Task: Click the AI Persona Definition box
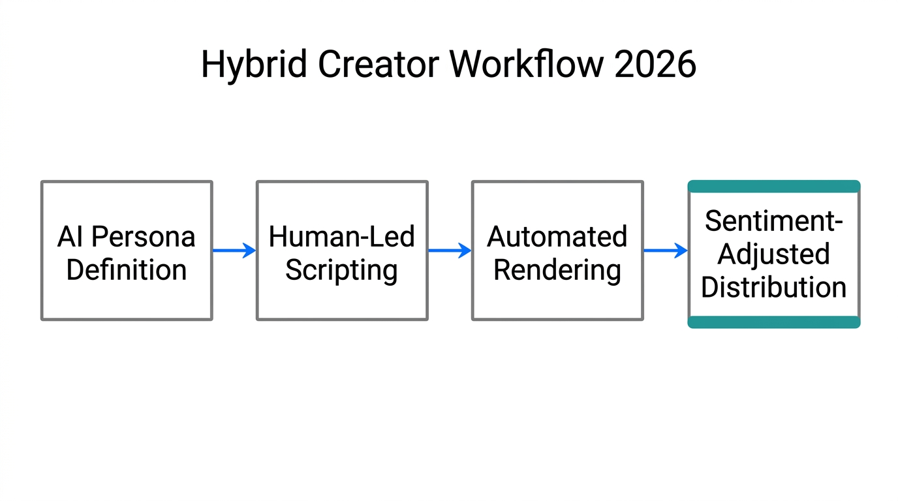tap(127, 251)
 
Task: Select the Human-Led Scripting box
tap(342, 251)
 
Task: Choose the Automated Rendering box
tap(557, 251)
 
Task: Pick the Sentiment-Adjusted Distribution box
tap(774, 254)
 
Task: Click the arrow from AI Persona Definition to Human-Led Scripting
tap(234, 250)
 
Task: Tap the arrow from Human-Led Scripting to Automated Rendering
tap(450, 250)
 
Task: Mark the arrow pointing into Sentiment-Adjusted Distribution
tap(666, 250)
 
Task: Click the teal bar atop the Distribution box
tap(774, 187)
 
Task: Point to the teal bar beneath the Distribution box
tap(774, 322)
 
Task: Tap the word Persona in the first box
tap(144, 237)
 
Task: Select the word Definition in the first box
tap(127, 269)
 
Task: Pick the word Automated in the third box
tap(557, 237)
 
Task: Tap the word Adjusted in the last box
tap(774, 254)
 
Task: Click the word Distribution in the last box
tap(774, 287)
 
